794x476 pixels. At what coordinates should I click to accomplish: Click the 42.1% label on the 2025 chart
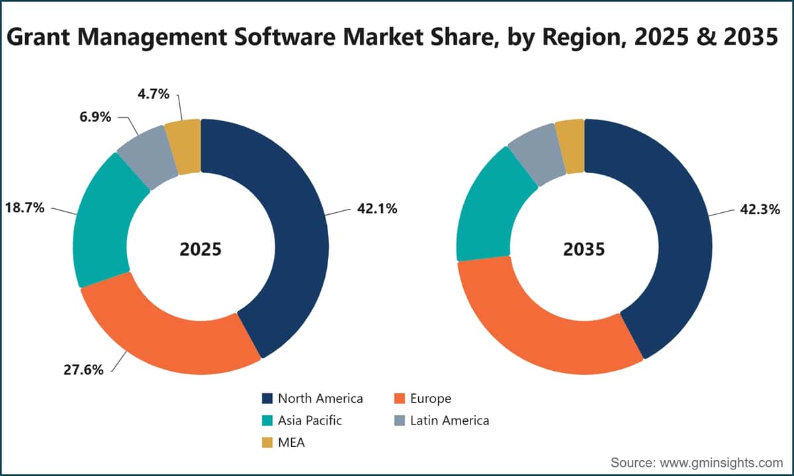pos(377,209)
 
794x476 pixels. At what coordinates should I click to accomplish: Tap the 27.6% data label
pos(83,370)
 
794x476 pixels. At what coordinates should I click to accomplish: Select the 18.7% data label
pos(25,208)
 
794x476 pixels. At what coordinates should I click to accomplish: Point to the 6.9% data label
pos(95,116)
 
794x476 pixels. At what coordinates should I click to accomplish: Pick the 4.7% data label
pos(154,94)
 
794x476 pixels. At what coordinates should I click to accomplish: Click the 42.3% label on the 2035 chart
pos(760,210)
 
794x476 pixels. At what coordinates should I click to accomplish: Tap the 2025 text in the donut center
pos(200,249)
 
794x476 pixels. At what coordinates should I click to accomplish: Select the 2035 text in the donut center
pos(584,249)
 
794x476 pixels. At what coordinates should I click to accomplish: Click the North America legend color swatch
pos(267,399)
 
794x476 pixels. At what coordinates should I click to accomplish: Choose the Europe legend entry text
pos(431,399)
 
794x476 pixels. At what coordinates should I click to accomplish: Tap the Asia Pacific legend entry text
pos(310,420)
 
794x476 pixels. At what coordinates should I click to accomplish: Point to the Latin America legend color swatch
pos(400,420)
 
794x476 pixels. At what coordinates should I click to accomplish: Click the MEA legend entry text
pos(291,443)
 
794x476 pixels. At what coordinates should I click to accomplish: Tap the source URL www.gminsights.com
pos(721,463)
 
